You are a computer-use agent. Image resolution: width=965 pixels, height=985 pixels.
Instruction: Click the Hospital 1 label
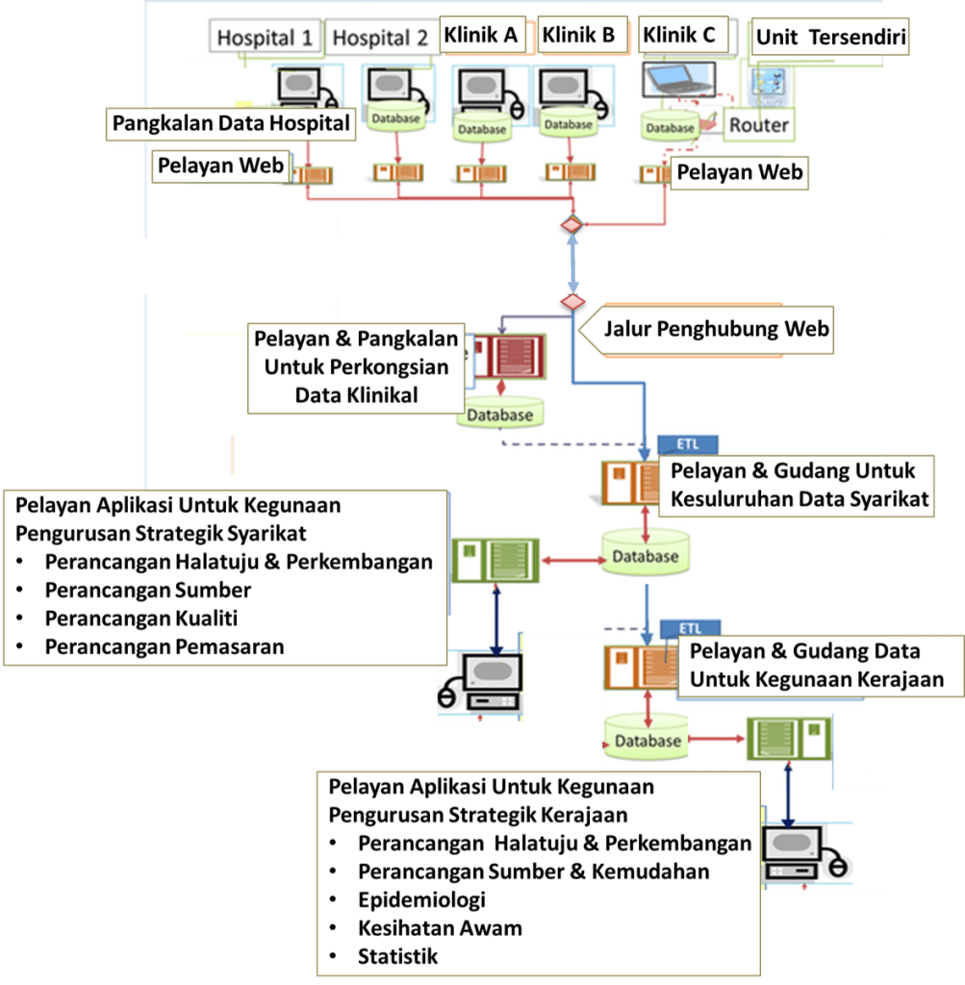(x=266, y=38)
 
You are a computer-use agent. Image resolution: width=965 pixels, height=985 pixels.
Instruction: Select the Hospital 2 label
(x=380, y=38)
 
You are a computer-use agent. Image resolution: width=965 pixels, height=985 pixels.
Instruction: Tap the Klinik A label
(x=481, y=36)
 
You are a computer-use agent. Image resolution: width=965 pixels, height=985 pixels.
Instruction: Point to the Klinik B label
(x=578, y=36)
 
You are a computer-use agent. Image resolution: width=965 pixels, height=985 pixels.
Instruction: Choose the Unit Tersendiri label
(x=830, y=38)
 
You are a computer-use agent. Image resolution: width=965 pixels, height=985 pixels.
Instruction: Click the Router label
(x=758, y=125)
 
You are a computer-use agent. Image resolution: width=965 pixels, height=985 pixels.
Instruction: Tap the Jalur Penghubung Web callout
(x=716, y=329)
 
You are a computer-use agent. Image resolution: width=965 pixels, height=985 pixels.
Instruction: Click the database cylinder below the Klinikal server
(x=500, y=415)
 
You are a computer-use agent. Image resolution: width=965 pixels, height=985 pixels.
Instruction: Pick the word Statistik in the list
(x=397, y=956)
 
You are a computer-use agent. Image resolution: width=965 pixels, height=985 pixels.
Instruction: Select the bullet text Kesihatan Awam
(x=440, y=928)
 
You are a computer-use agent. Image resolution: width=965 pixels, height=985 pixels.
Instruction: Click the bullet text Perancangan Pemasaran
(x=165, y=646)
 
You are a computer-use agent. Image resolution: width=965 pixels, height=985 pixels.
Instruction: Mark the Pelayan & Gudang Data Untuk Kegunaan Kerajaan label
(x=816, y=666)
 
